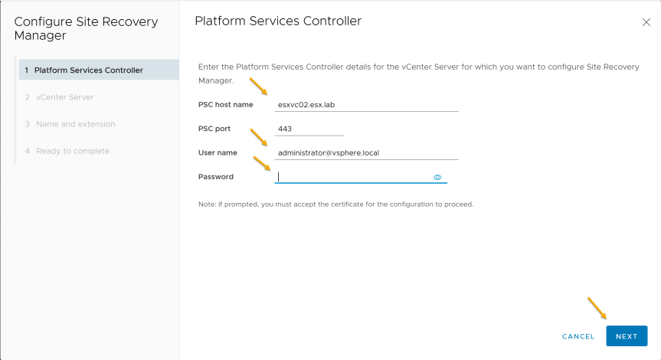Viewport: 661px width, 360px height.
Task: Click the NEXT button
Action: pos(627,336)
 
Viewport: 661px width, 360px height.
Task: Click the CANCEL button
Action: pos(578,336)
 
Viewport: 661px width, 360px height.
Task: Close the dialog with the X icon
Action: pos(646,22)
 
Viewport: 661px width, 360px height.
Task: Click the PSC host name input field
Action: pos(366,104)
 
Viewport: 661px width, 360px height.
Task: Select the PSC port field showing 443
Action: pos(309,129)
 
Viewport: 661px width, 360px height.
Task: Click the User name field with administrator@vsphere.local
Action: pos(366,152)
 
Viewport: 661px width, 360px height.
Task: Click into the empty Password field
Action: pos(353,177)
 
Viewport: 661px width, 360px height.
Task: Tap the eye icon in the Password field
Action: pos(437,178)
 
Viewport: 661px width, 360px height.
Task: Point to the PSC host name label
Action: pos(225,104)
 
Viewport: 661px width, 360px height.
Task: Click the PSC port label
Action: pos(214,129)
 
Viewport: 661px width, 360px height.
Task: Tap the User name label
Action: pos(218,152)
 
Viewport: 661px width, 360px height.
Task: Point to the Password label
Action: pos(216,177)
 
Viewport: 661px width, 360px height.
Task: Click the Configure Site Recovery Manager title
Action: pos(86,28)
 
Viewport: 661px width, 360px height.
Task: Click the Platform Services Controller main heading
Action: pos(278,21)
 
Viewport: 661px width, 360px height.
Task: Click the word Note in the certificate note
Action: pos(206,204)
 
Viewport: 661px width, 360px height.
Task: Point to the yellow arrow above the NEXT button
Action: pos(597,308)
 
